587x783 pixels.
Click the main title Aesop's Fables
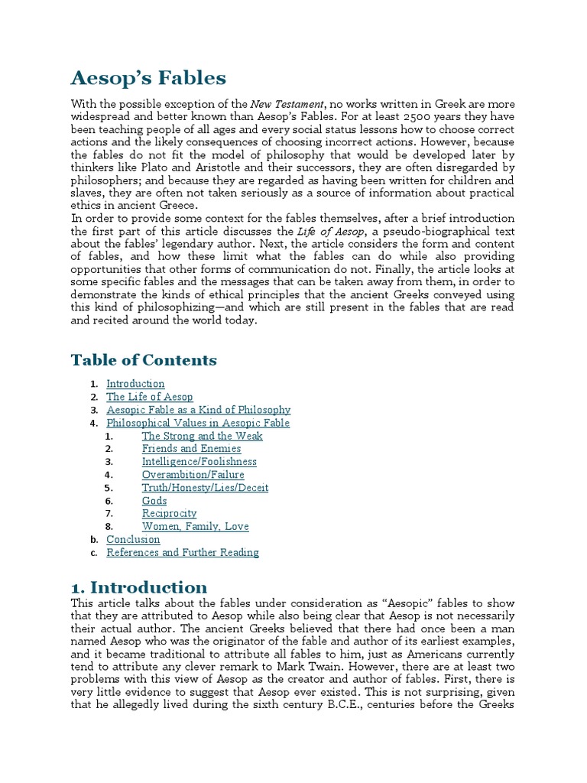(x=148, y=77)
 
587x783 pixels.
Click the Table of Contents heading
(x=144, y=359)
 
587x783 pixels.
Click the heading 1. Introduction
(x=138, y=587)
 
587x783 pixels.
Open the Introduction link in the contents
(x=135, y=384)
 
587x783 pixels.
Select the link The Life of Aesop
(x=149, y=397)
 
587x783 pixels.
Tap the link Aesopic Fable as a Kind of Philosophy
(x=198, y=410)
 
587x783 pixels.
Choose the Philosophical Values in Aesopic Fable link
(x=198, y=423)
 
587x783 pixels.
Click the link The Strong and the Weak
(x=202, y=436)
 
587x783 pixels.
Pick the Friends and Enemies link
(x=191, y=449)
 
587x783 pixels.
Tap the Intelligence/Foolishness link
(x=199, y=462)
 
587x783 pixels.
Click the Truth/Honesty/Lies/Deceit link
(x=205, y=488)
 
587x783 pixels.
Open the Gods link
(x=154, y=501)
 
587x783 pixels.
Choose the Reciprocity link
(x=169, y=514)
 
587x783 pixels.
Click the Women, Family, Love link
(x=195, y=527)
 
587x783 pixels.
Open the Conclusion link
(x=133, y=540)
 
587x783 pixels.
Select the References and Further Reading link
(x=182, y=553)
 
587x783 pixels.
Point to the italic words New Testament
(x=288, y=103)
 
